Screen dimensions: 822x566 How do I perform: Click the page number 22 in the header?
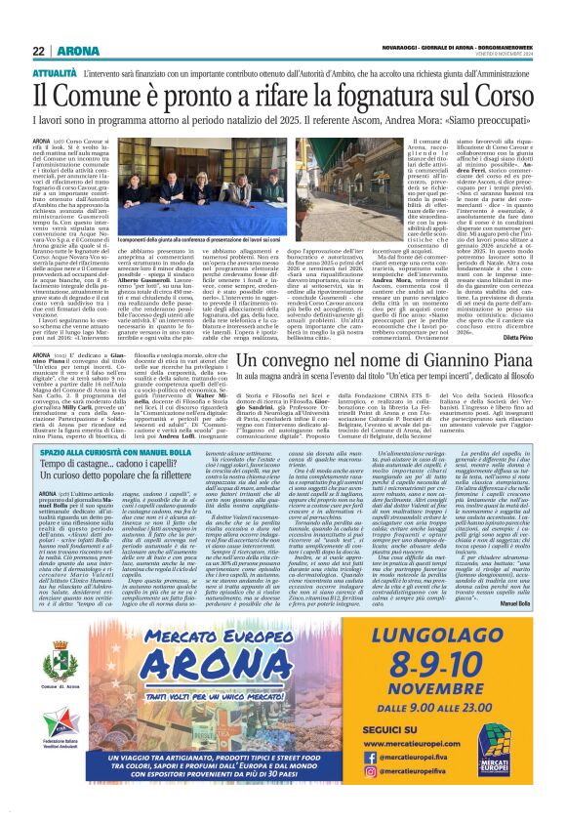tap(38, 51)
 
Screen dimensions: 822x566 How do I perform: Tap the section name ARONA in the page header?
tap(77, 51)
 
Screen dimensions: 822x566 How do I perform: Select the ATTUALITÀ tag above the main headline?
tap(55, 72)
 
